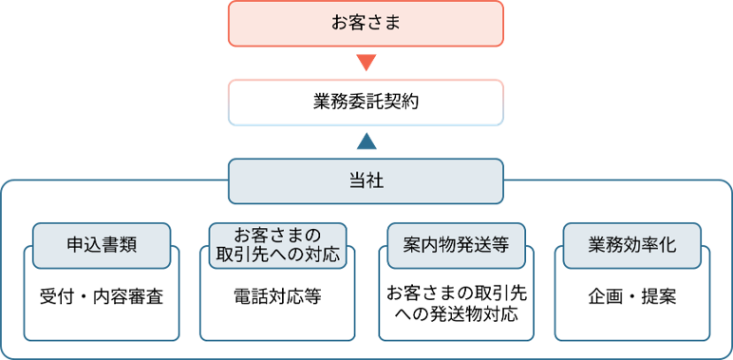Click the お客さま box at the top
(366, 23)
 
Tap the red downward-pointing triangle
(366, 64)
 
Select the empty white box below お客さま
(366, 102)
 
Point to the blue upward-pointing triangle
(366, 142)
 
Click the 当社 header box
(366, 180)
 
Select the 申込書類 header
(102, 244)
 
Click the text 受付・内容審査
(102, 296)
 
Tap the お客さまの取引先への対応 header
(277, 244)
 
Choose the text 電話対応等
(277, 296)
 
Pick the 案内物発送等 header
(456, 244)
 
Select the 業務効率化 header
(631, 244)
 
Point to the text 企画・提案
(631, 296)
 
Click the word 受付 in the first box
(54, 296)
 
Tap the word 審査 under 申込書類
(148, 296)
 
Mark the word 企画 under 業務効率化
(602, 296)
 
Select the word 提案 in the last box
(661, 296)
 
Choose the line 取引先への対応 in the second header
(277, 255)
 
